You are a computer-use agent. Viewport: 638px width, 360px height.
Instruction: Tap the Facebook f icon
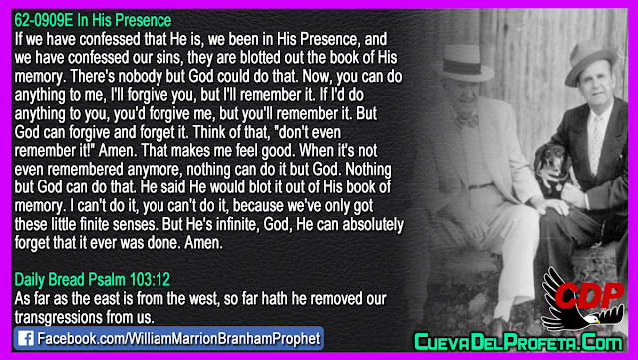[x=26, y=338]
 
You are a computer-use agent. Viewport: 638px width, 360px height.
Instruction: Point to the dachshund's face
[x=553, y=164]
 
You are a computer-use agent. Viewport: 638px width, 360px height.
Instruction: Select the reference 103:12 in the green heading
[x=150, y=280]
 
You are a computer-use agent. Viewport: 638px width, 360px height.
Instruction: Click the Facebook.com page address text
[x=178, y=339]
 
